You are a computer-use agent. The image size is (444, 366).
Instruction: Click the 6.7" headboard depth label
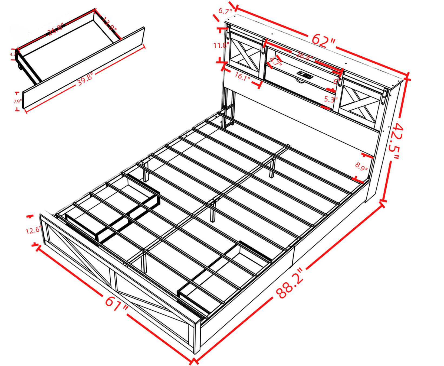tap(225, 11)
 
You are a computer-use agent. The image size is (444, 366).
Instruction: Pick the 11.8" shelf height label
tap(221, 45)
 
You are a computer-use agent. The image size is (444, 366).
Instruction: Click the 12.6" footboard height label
tap(33, 231)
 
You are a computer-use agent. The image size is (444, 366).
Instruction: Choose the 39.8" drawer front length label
tap(85, 79)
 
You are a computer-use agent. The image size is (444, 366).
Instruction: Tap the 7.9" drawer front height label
tap(18, 102)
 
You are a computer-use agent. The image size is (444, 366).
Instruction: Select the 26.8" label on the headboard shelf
tap(304, 56)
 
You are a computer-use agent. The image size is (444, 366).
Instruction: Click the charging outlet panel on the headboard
tap(305, 74)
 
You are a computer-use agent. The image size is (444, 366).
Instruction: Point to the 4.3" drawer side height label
tap(13, 54)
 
